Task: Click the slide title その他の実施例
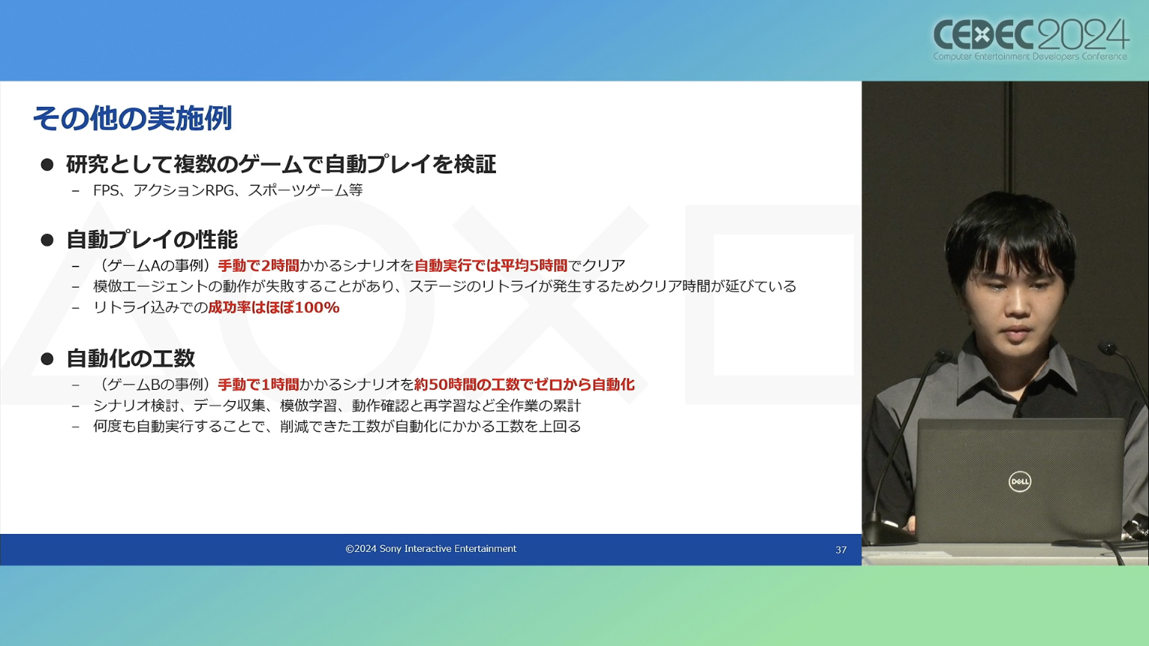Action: (x=132, y=118)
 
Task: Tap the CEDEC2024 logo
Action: (x=1030, y=40)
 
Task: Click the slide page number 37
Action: (x=840, y=550)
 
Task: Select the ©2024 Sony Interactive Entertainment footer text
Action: (x=431, y=549)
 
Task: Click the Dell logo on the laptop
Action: (x=1019, y=482)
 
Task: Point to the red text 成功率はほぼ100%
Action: (x=274, y=307)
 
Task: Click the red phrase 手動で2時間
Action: (x=258, y=265)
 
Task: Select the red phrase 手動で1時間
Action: (x=258, y=384)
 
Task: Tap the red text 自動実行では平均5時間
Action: (x=491, y=265)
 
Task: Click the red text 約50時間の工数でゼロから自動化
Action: (x=524, y=384)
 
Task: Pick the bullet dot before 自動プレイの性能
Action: (x=47, y=240)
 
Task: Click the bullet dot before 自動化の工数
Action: (x=47, y=358)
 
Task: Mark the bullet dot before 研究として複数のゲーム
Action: (x=47, y=164)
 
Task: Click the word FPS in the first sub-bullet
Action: (x=106, y=190)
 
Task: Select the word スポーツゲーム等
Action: (x=306, y=190)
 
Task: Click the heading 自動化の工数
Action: (x=131, y=358)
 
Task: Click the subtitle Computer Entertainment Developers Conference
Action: (x=1030, y=57)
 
